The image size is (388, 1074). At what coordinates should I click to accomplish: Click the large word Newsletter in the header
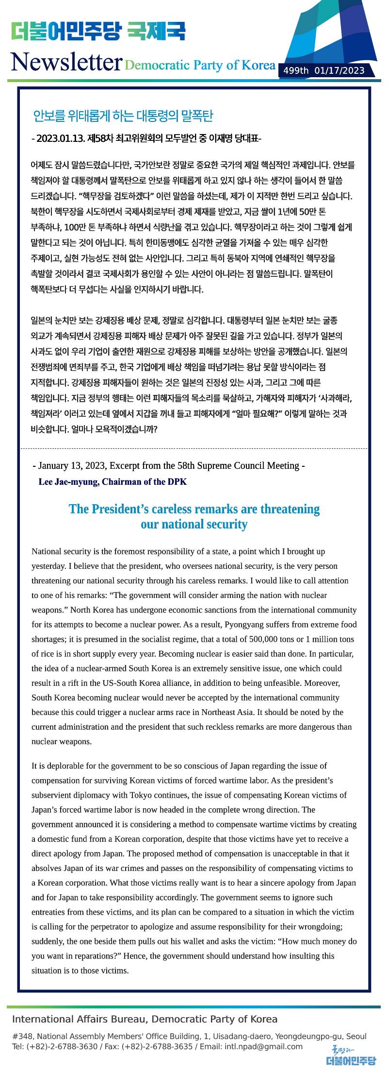tap(66, 62)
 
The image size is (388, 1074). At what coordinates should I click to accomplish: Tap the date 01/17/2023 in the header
tap(339, 71)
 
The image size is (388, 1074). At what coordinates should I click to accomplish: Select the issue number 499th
tap(296, 71)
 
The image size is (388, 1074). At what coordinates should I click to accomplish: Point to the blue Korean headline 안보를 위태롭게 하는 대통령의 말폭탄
tap(123, 116)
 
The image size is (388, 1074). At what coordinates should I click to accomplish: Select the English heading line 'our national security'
tap(194, 525)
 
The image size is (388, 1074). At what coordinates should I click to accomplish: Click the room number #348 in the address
tap(22, 1036)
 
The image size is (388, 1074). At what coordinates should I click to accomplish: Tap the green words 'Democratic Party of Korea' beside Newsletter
tap(200, 65)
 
